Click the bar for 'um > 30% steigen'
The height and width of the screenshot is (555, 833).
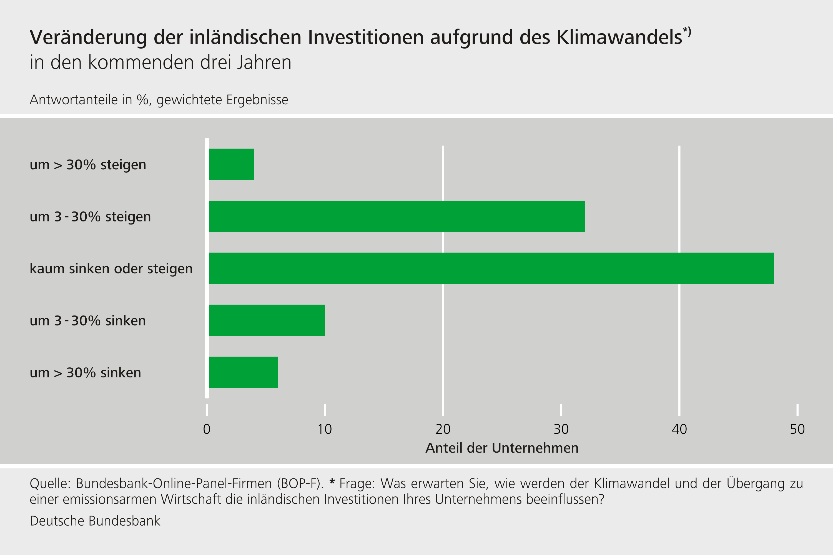pyautogui.click(x=231, y=164)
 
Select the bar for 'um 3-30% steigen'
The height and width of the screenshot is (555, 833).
pyautogui.click(x=397, y=216)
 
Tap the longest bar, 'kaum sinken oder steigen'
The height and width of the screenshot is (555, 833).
pyautogui.click(x=491, y=268)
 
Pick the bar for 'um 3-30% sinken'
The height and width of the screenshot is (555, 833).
pyautogui.click(x=267, y=320)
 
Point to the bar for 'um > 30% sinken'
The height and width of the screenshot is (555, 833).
pyautogui.click(x=243, y=372)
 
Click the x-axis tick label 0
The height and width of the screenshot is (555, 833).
pyautogui.click(x=207, y=429)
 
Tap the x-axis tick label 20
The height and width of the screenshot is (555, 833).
pyautogui.click(x=443, y=429)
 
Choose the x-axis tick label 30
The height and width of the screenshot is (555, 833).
pyautogui.click(x=561, y=429)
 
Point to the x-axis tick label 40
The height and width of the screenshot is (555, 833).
pyautogui.click(x=679, y=429)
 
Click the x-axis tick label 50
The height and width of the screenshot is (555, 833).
pyautogui.click(x=797, y=429)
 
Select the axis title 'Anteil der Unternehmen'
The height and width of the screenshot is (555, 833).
pyautogui.click(x=502, y=448)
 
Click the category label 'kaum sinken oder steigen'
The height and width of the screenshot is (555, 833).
pyautogui.click(x=111, y=269)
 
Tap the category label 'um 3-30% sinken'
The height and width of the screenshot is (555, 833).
pyautogui.click(x=88, y=321)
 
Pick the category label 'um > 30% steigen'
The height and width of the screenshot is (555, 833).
pyautogui.click(x=88, y=165)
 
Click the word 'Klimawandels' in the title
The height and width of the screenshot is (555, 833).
pyautogui.click(x=619, y=37)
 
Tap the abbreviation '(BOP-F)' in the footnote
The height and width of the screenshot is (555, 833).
pyautogui.click(x=300, y=483)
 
